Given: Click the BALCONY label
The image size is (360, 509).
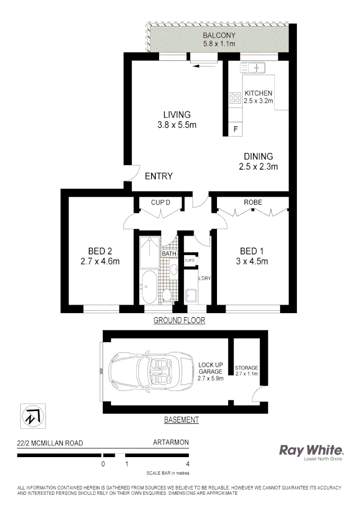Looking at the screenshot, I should [x=219, y=35].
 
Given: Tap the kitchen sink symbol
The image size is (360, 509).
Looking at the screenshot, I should [x=252, y=68].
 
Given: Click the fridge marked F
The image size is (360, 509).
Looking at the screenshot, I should [x=236, y=130].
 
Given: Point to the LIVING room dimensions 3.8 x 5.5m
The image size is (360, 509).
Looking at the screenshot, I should [x=173, y=125].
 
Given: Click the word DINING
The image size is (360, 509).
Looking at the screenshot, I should [x=258, y=157].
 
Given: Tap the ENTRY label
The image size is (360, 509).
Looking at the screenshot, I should [x=159, y=176].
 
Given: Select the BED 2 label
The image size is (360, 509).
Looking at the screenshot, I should [x=100, y=252].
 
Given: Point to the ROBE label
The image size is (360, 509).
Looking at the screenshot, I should [x=253, y=202].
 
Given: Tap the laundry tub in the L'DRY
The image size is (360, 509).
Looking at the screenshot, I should [x=191, y=295].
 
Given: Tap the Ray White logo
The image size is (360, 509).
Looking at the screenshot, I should [x=311, y=451].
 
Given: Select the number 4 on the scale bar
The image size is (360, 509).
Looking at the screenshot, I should [x=188, y=464].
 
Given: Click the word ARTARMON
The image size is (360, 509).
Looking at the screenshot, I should [x=171, y=443].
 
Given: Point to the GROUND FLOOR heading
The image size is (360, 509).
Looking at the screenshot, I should [x=179, y=321].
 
